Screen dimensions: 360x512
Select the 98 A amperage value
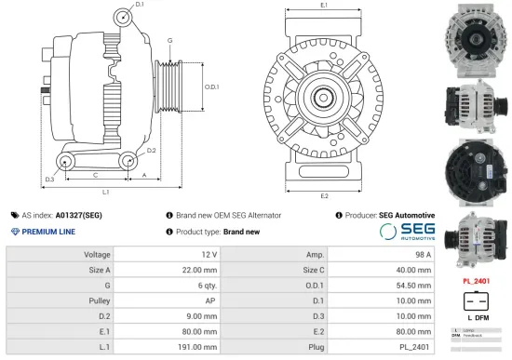click(x=423, y=254)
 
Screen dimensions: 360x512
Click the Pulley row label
click(x=100, y=300)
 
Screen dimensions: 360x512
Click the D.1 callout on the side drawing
click(x=140, y=5)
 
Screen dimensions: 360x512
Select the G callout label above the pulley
click(x=169, y=41)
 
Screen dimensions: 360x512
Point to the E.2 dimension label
click(x=324, y=196)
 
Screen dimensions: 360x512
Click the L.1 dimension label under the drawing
click(x=106, y=193)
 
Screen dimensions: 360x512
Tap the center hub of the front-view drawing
click(x=324, y=96)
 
